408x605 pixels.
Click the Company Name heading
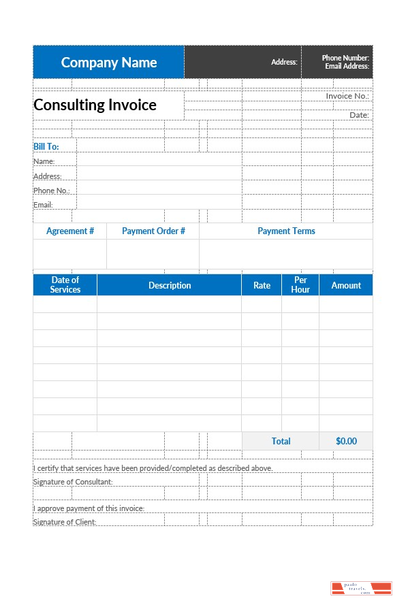coord(109,63)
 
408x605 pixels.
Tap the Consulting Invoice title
coord(95,105)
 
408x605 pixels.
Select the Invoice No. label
coord(347,96)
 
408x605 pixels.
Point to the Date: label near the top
coord(359,115)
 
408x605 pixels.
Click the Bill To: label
coord(46,146)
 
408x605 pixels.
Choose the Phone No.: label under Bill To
coord(52,191)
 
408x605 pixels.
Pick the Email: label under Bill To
coord(43,205)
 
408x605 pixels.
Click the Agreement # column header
coord(70,231)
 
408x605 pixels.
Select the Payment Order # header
coord(153,231)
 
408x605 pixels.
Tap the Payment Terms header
coord(286,231)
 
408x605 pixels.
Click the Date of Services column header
coord(65,284)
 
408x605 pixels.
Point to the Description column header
coord(170,285)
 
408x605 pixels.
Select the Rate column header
coord(262,285)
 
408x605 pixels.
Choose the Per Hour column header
coord(300,284)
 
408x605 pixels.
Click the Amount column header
coord(346,285)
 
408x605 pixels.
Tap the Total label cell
coord(281,441)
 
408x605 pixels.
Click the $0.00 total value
coord(346,441)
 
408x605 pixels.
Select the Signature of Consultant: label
coord(73,482)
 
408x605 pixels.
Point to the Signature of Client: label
coord(65,522)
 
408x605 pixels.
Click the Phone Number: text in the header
coord(345,59)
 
